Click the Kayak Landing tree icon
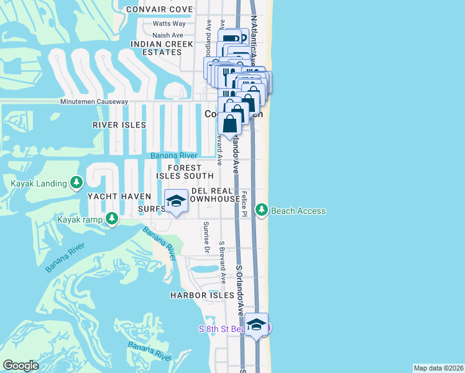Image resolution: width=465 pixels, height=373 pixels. point(76,183)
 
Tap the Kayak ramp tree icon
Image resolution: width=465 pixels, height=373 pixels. point(112,218)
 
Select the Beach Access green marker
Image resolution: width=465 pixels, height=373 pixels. point(262,211)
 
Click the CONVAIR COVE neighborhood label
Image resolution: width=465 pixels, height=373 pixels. point(159,9)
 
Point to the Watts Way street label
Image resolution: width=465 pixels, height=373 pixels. point(169,24)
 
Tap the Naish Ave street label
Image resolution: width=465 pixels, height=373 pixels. point(168,35)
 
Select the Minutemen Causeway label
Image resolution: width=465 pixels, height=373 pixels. point(94,101)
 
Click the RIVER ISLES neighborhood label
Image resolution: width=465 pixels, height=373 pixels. point(119,125)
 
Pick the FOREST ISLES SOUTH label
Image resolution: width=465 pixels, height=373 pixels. point(184,172)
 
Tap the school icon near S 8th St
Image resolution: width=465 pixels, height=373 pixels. point(256,325)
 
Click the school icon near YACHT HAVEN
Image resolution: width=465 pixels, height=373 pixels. point(177,201)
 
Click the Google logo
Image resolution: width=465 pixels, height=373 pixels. point(21,366)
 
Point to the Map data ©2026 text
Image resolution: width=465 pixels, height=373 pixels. point(438,368)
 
